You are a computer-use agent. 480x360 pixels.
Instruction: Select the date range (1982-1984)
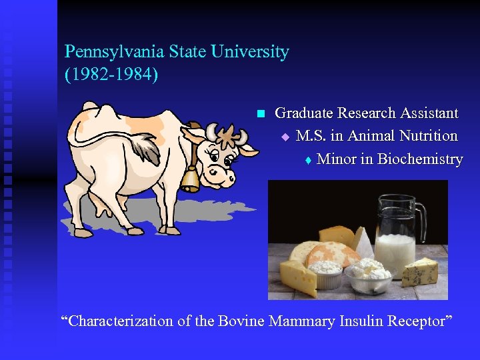click(111, 74)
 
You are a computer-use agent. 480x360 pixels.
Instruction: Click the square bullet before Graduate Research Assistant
click(261, 113)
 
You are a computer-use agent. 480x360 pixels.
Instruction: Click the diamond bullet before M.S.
click(285, 137)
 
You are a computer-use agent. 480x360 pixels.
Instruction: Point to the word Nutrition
click(428, 136)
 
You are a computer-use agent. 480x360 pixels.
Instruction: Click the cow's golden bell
click(190, 179)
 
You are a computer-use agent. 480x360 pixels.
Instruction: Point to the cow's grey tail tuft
click(146, 148)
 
